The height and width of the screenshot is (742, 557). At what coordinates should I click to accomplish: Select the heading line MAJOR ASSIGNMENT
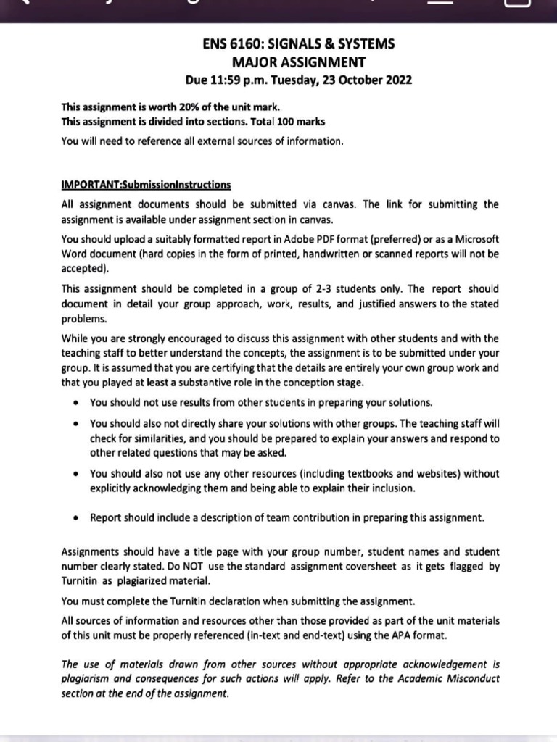tap(298, 62)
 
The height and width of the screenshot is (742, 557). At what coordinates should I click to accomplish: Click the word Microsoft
tap(475, 239)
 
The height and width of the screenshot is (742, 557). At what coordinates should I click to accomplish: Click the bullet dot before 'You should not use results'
tap(75, 402)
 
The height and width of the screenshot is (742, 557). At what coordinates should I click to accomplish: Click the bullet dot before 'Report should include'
tap(75, 518)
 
